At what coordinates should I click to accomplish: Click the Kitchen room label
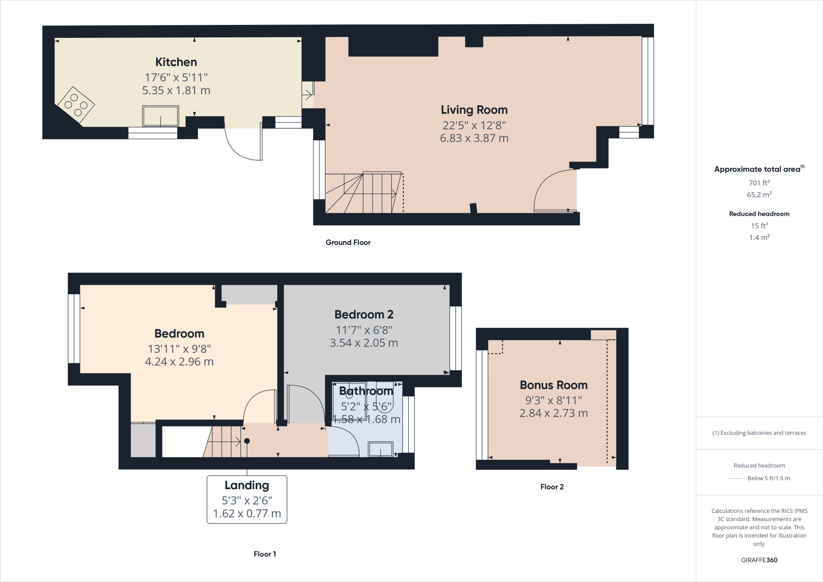176,62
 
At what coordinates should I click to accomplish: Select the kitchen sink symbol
160,116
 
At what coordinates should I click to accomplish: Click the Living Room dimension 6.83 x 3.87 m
474,138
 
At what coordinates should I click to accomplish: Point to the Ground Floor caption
348,242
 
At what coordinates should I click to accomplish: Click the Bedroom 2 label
364,314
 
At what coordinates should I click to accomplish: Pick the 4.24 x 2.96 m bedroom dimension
179,362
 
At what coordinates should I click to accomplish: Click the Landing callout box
247,499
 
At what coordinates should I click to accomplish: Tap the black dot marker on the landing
247,441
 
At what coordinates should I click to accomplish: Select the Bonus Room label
553,385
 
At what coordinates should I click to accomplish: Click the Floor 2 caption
552,487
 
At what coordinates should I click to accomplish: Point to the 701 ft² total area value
759,183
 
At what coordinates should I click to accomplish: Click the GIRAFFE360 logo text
759,560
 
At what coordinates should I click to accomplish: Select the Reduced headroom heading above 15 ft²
759,214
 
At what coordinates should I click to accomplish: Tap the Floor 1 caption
265,554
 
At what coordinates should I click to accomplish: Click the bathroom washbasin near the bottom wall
381,449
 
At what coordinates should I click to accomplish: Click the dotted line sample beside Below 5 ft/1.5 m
735,478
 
